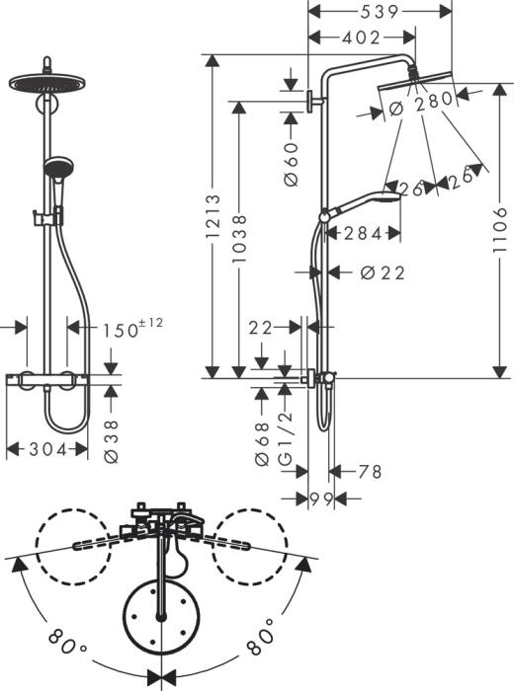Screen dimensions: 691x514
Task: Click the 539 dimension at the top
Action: tap(380, 12)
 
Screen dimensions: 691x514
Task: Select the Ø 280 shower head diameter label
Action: tap(420, 102)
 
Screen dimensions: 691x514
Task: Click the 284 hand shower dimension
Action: tap(354, 234)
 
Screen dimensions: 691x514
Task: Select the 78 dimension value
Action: tap(369, 472)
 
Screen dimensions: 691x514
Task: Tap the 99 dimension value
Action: tap(319, 500)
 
